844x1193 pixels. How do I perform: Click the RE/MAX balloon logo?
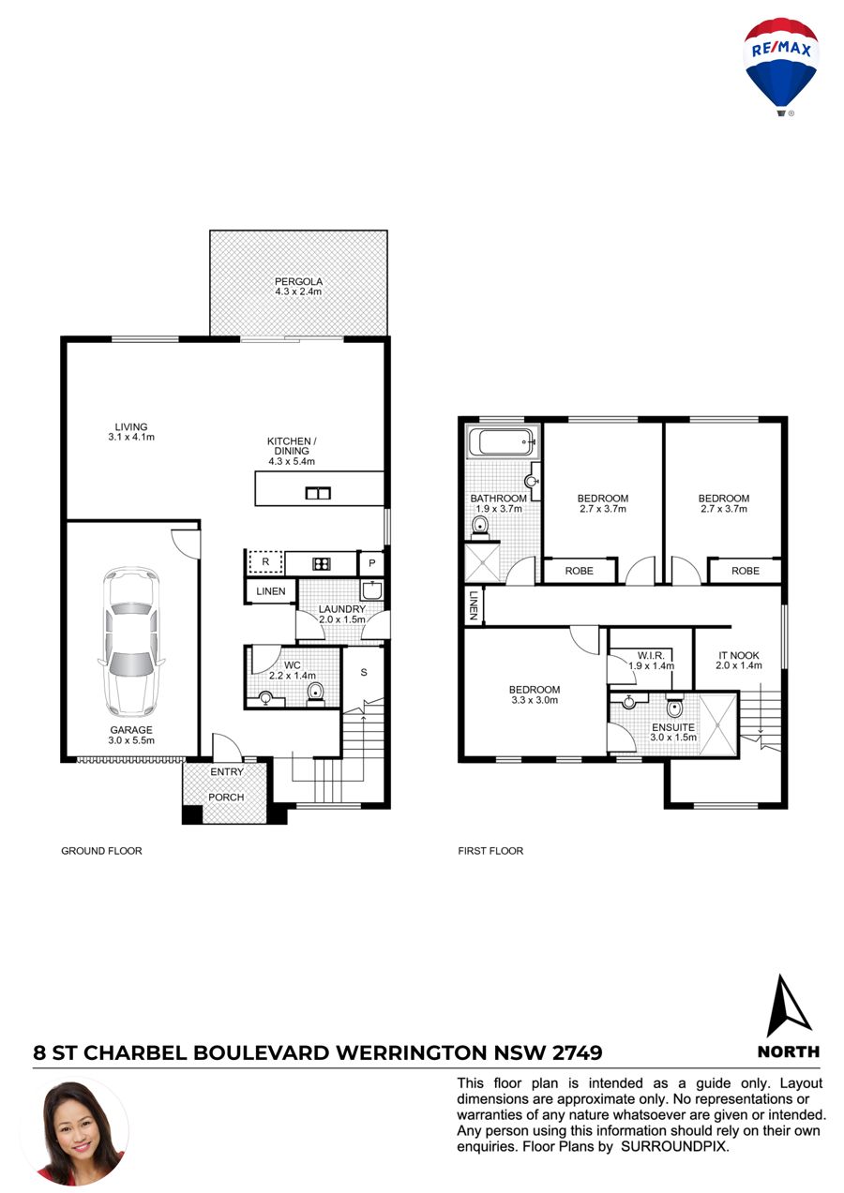[780, 67]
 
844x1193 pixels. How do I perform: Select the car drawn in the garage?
[131, 641]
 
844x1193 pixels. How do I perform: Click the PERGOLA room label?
[298, 281]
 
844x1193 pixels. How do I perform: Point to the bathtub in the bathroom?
[501, 441]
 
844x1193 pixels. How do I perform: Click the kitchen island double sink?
[318, 493]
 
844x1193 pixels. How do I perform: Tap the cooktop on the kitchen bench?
[322, 563]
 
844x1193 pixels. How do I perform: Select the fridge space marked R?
[265, 562]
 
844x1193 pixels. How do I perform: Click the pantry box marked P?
[372, 563]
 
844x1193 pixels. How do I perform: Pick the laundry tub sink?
[371, 590]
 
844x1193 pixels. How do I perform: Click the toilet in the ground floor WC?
[316, 693]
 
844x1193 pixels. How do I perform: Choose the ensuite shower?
[717, 723]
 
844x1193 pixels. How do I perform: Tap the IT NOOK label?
[739, 656]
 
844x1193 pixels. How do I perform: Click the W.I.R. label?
[651, 656]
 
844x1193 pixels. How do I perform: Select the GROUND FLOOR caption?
[101, 851]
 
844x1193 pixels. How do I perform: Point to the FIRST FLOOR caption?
[490, 851]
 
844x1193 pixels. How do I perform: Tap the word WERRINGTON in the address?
[411, 1053]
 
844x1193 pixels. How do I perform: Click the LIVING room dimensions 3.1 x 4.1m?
[131, 437]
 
